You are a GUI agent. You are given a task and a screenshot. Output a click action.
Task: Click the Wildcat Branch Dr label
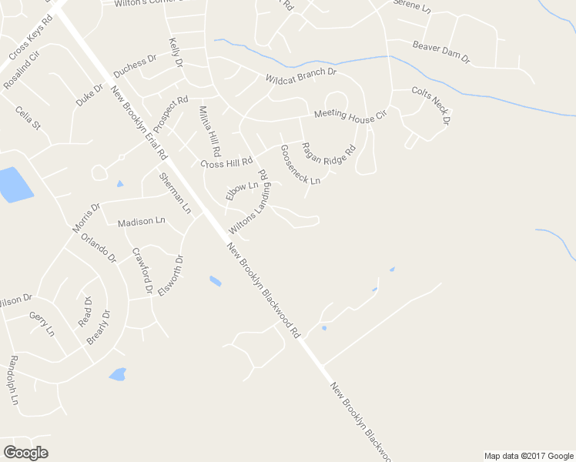[x=301, y=75]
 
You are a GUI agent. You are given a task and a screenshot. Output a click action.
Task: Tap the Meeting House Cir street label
[x=350, y=115]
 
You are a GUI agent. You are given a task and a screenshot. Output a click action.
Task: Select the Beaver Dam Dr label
[x=440, y=52]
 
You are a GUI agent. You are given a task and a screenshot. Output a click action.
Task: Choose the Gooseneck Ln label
[x=300, y=164]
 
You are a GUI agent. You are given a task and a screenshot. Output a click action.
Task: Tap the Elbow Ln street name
[x=241, y=191]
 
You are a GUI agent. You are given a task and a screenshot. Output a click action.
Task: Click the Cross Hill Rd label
[x=226, y=163]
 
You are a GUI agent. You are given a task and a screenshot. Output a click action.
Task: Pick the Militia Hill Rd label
[x=209, y=131]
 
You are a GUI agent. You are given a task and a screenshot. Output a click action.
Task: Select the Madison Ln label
[x=141, y=222]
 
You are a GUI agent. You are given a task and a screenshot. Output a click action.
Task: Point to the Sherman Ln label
[x=173, y=192]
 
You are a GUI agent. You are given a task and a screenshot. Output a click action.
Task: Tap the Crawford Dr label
[x=141, y=270]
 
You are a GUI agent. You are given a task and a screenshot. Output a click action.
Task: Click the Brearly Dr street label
[x=98, y=326]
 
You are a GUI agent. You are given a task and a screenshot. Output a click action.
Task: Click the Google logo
[x=25, y=453]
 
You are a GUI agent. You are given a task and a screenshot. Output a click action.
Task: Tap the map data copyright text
[x=529, y=456]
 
